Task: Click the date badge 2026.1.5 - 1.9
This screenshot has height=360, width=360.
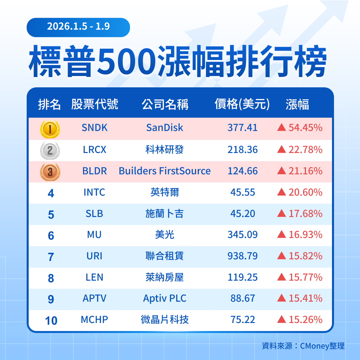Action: pos(78,27)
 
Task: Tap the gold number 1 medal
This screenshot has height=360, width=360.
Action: pos(50,129)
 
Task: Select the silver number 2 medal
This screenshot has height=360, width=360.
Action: pos(50,150)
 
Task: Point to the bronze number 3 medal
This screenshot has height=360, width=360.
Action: pos(50,172)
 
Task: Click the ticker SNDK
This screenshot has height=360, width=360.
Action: pos(95,128)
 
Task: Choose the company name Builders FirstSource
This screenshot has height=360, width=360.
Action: pos(165,171)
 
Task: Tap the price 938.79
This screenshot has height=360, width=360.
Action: pos(243,256)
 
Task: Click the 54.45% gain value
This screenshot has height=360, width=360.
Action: pos(305,128)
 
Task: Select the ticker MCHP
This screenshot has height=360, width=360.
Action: pos(95,320)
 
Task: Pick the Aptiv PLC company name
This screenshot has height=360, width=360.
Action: pos(165,298)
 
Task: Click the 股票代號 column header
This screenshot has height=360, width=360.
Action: pos(95,104)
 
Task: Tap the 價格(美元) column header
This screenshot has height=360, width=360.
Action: pos(242,104)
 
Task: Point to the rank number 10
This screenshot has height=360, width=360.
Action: pos(51,321)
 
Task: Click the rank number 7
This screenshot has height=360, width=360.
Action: pos(51,257)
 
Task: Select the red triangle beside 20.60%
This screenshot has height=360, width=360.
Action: pos(282,192)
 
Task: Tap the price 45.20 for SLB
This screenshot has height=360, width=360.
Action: pos(243,213)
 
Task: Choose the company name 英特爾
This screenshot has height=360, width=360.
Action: pos(165,192)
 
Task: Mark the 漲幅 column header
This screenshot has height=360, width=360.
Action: pos(297,104)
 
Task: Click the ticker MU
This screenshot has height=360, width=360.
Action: pos(94,235)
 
